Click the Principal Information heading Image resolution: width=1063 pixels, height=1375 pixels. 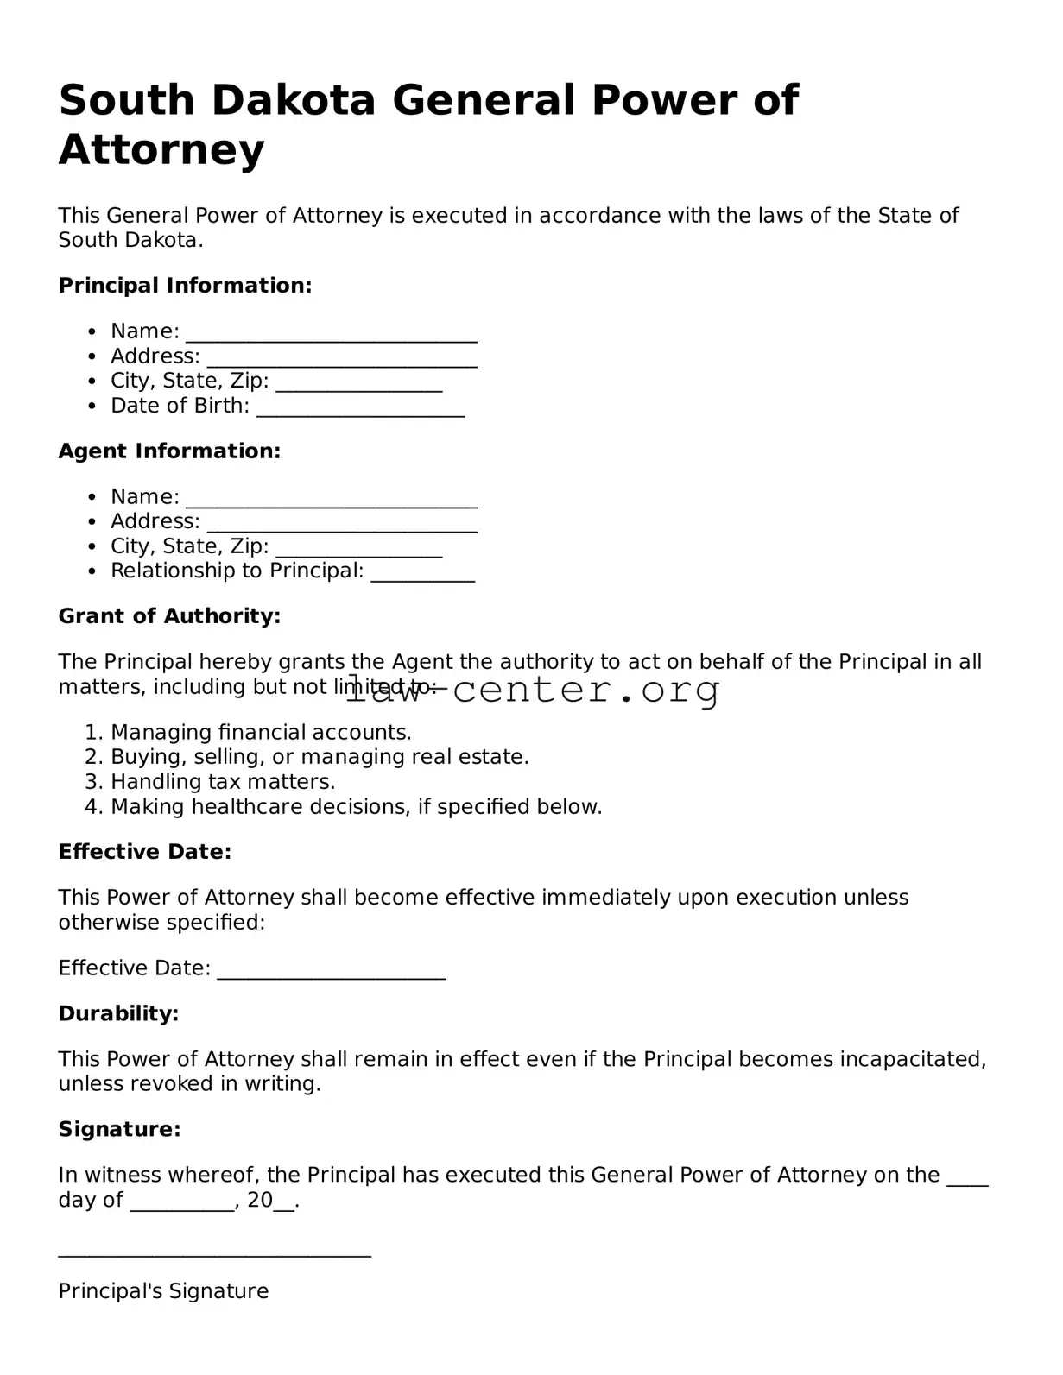point(185,286)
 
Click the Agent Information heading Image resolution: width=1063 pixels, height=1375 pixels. point(169,451)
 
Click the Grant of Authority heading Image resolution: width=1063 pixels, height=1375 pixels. point(169,616)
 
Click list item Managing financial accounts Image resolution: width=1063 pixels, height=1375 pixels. point(261,733)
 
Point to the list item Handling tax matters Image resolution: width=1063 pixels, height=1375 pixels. point(223,782)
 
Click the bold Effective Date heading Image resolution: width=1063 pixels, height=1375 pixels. point(144,852)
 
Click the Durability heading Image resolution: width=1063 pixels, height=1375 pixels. point(118,1013)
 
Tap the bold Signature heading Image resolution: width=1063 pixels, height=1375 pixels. point(119,1129)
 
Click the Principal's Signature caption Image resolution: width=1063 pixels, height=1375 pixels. point(163,1291)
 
